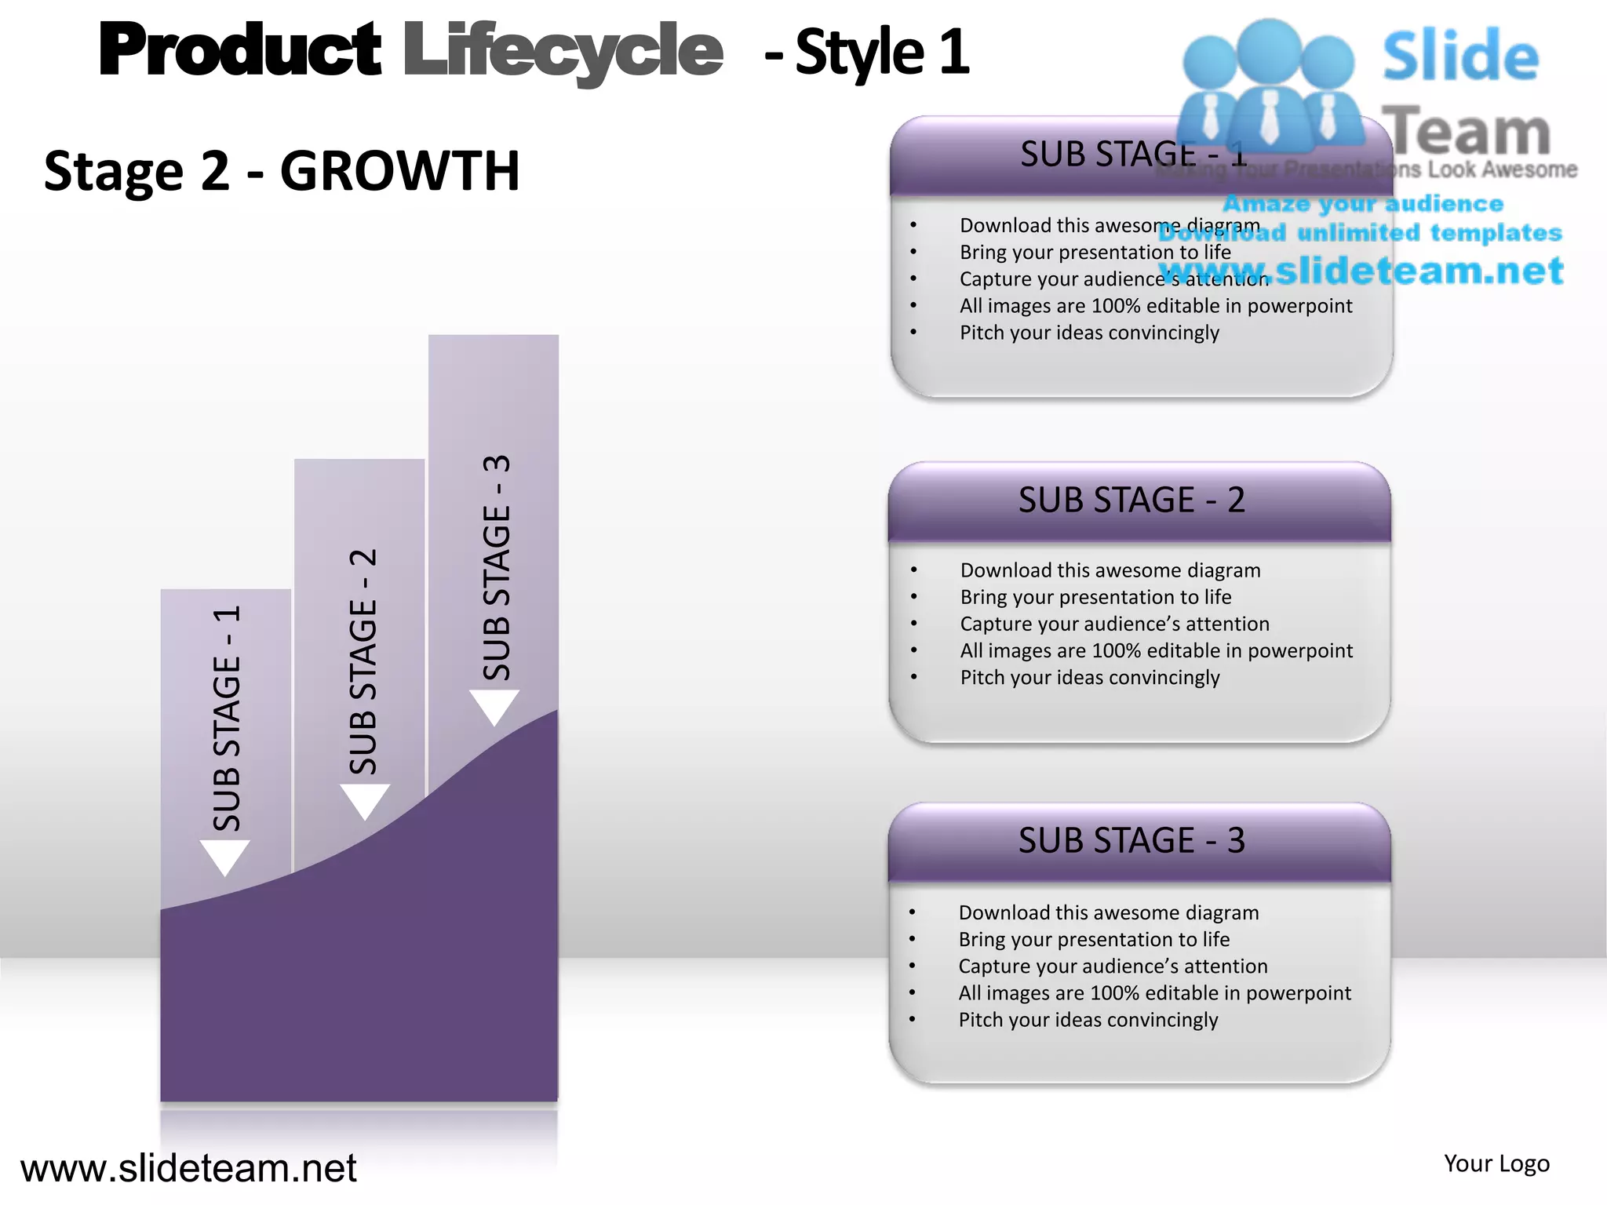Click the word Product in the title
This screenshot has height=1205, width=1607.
[x=239, y=50]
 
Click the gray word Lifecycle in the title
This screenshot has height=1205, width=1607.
[x=563, y=52]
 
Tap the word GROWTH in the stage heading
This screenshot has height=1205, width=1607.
[x=399, y=171]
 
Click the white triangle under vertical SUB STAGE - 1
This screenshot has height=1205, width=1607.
[x=225, y=856]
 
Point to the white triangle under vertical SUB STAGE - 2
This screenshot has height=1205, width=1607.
[x=365, y=800]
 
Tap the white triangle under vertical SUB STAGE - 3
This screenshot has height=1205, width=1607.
[x=494, y=706]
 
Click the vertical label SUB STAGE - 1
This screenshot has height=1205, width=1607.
[x=227, y=718]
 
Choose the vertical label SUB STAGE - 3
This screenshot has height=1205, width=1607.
[x=497, y=567]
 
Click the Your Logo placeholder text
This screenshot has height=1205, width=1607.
[x=1496, y=1163]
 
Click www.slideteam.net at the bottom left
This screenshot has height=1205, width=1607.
[x=188, y=1168]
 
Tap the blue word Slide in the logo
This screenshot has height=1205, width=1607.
[x=1460, y=56]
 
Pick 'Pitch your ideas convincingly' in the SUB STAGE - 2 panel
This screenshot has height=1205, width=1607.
[x=1089, y=677]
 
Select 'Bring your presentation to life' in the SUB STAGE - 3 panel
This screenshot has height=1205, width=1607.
[x=1094, y=939]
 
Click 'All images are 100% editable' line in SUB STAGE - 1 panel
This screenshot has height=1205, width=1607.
[x=1155, y=305]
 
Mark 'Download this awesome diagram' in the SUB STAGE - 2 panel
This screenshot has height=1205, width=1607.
[x=1110, y=570]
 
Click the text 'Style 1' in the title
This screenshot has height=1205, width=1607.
[x=882, y=53]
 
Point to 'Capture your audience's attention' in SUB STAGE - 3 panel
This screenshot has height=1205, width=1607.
[x=1113, y=966]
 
